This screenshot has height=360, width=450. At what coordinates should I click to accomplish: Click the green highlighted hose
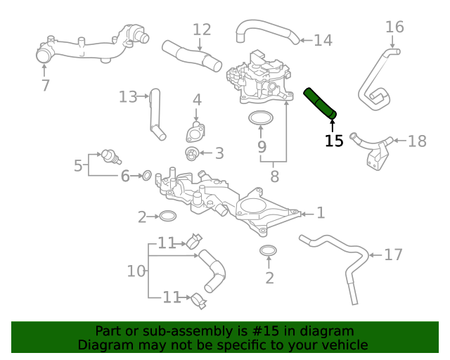tap(319, 103)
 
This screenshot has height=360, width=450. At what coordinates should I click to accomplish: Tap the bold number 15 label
tap(334, 141)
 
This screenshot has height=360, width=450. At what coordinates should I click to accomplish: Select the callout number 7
tap(46, 86)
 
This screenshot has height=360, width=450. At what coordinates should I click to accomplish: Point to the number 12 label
tap(202, 30)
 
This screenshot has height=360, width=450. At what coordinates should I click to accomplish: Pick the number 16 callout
tap(394, 27)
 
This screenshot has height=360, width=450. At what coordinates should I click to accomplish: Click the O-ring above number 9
tap(261, 117)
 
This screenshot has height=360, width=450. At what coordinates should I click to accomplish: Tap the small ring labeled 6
tap(148, 174)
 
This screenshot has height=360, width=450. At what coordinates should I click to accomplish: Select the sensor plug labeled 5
tap(108, 155)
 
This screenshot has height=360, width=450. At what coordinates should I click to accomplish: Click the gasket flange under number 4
tap(195, 133)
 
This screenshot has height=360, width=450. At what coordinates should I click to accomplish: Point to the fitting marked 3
tap(191, 153)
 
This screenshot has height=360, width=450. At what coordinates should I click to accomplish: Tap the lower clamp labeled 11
tap(198, 300)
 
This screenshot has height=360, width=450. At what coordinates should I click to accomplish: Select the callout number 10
tap(136, 271)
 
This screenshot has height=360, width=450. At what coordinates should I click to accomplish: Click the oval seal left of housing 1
tap(167, 216)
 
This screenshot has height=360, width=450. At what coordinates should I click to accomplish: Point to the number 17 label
tap(393, 255)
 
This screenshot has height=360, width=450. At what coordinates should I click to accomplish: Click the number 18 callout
tap(417, 141)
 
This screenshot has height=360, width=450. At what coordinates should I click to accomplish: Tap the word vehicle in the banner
tap(344, 345)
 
